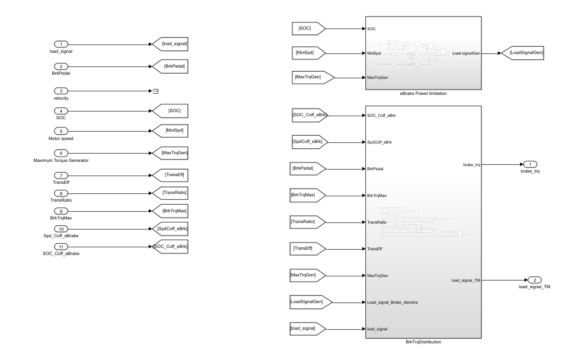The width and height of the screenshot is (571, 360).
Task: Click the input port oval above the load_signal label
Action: click(x=61, y=44)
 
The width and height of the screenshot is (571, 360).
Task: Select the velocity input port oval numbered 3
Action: click(x=61, y=91)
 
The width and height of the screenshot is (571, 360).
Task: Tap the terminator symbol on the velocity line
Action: click(x=155, y=91)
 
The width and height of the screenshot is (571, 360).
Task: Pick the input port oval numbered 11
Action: click(x=61, y=246)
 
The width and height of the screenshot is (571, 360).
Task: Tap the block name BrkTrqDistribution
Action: click(x=423, y=342)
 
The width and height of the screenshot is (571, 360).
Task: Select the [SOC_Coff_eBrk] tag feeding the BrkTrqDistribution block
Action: click(x=309, y=114)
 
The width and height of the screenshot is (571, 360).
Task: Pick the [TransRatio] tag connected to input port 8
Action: click(x=170, y=193)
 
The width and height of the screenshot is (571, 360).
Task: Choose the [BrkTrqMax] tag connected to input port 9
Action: click(x=170, y=211)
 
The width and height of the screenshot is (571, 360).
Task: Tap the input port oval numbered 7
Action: click(x=61, y=176)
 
